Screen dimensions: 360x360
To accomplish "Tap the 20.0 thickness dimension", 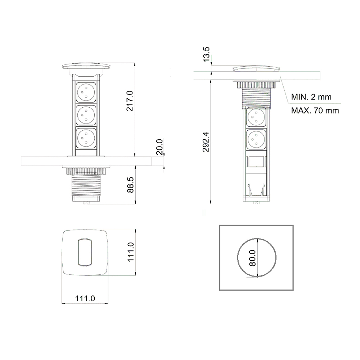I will coord(159,147).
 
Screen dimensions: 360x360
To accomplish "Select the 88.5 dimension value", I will coord(130,185).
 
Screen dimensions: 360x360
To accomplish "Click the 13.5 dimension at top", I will coord(206,54).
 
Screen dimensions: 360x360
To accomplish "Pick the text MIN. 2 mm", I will coord(311,97).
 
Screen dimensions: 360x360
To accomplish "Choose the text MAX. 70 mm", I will coord(315,111).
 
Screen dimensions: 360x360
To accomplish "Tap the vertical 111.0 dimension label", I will coord(130,252).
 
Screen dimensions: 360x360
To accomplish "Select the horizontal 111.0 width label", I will coord(85,298).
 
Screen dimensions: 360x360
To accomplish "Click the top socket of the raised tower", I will coord(86,93).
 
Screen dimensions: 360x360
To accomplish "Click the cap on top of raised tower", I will coord(86,67).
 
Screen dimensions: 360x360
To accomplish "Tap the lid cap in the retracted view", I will coord(256,69).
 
